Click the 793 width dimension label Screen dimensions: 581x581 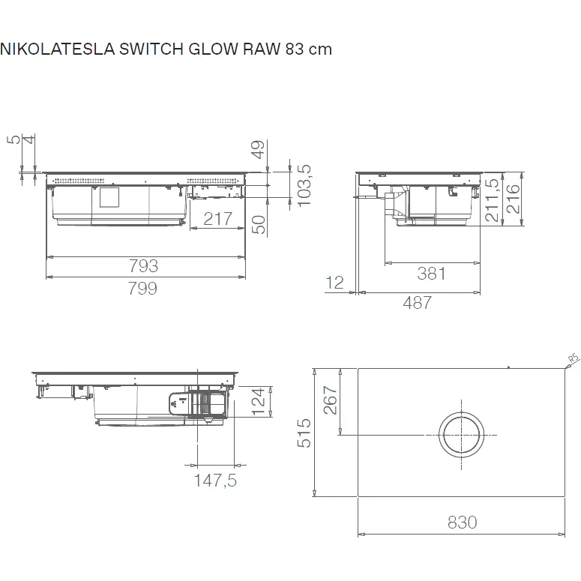click(x=143, y=266)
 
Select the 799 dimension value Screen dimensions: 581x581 click(x=143, y=289)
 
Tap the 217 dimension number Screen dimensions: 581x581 click(x=218, y=219)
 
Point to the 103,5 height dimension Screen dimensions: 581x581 click(x=304, y=185)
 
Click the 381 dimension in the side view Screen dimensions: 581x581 click(x=431, y=274)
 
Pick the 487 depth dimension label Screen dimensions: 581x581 click(x=418, y=303)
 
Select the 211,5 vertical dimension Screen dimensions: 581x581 click(x=492, y=199)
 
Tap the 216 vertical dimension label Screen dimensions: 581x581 click(x=514, y=199)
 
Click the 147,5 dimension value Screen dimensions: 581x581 click(x=215, y=481)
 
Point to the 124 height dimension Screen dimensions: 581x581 click(x=258, y=402)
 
